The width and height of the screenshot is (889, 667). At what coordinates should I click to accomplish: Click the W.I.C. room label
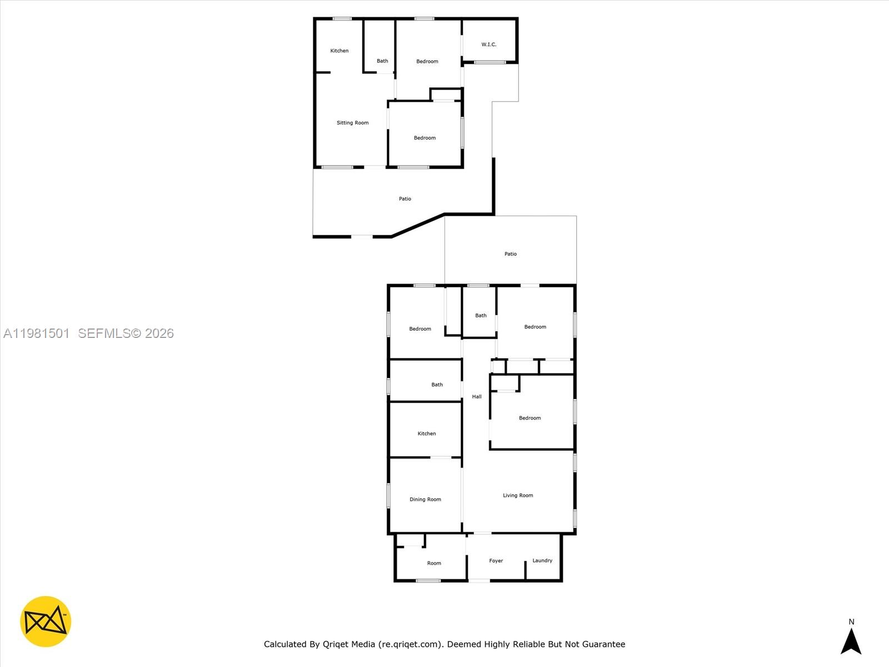[x=488, y=44]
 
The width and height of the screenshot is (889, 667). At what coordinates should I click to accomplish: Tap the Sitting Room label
[x=352, y=123]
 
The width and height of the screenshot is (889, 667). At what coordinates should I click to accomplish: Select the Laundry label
[x=542, y=560]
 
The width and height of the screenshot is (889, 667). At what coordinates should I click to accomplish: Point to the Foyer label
[x=496, y=561]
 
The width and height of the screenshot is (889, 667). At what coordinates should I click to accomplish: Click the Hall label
[x=477, y=396]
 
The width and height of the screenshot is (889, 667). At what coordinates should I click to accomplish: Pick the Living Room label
[x=517, y=495]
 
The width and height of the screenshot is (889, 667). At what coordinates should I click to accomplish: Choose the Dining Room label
[x=425, y=499]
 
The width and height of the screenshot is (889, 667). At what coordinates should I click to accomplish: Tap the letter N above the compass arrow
[x=851, y=622]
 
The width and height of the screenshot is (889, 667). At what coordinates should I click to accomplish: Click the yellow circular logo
[x=46, y=621]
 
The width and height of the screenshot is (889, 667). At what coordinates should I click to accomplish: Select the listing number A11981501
[x=36, y=333]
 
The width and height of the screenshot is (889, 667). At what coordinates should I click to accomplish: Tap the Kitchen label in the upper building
[x=339, y=51]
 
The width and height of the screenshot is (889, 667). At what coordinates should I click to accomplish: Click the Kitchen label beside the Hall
[x=426, y=434]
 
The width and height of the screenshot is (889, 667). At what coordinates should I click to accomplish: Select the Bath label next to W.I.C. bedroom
[x=382, y=61]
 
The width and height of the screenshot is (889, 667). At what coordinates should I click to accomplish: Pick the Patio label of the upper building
[x=404, y=198]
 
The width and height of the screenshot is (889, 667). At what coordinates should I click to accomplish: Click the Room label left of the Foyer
[x=434, y=563]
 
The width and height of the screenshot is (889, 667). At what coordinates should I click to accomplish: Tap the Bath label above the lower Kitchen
[x=437, y=385]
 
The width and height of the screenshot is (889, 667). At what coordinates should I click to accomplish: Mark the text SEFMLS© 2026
[x=126, y=333]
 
